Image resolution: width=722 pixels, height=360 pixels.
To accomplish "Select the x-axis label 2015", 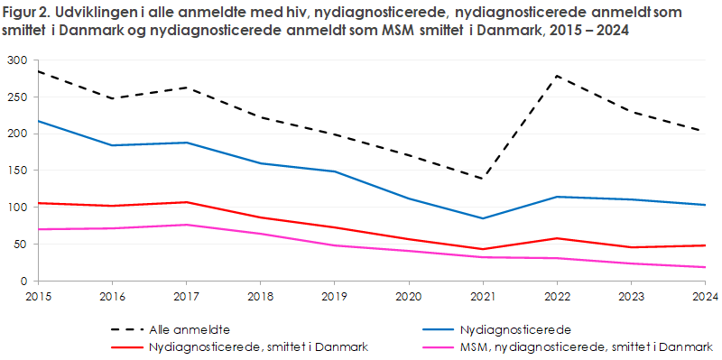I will [38, 295].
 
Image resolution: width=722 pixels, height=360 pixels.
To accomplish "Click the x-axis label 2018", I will [260, 295].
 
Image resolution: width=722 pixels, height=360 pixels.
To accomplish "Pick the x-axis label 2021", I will [483, 295].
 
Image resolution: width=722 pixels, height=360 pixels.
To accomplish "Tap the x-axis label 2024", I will [704, 295].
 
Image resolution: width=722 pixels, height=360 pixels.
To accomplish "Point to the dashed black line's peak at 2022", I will [557, 75].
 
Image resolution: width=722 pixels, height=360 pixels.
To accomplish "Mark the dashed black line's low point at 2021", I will [483, 179].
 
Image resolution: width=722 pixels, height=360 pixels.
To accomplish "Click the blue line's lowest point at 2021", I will [483, 218].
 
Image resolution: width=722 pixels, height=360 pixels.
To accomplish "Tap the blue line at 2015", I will [38, 121].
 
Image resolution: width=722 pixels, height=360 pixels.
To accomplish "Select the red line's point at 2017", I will [186, 202].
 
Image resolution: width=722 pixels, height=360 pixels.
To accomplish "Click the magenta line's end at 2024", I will [705, 267].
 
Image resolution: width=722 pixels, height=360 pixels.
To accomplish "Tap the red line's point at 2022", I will [557, 238].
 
